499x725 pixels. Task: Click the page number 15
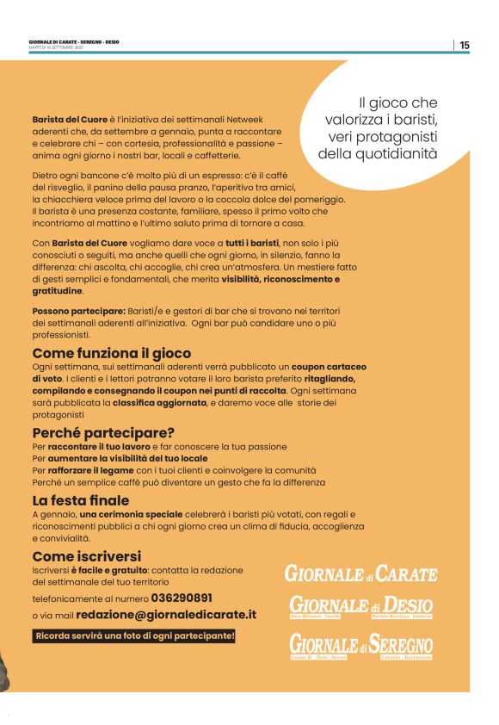pyautogui.click(x=465, y=46)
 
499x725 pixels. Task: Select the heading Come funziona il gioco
pyautogui.click(x=112, y=353)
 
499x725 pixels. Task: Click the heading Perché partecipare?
pyautogui.click(x=103, y=432)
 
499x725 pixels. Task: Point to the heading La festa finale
pyautogui.click(x=81, y=500)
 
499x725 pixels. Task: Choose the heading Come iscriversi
pyautogui.click(x=86, y=556)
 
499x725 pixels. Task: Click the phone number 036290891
pyautogui.click(x=182, y=597)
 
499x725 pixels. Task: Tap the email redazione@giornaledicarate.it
pyautogui.click(x=166, y=615)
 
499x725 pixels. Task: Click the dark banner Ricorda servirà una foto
pyautogui.click(x=134, y=636)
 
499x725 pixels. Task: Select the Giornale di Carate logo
pyautogui.click(x=361, y=573)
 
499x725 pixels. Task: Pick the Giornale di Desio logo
pyautogui.click(x=360, y=607)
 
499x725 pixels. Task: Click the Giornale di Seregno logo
pyautogui.click(x=360, y=646)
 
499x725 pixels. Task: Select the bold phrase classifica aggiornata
pyautogui.click(x=159, y=402)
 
